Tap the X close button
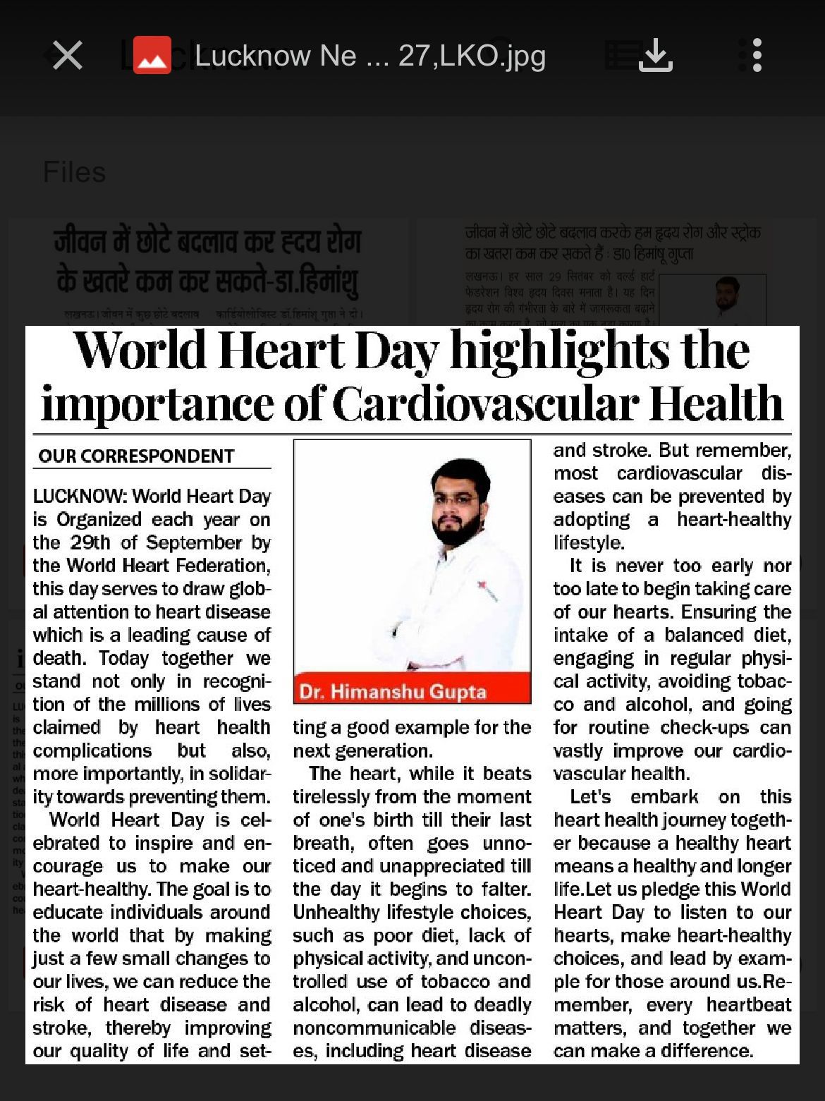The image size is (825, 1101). click(68, 55)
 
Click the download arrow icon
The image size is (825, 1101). click(655, 55)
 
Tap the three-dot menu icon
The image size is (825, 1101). click(757, 55)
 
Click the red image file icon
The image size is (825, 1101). click(152, 55)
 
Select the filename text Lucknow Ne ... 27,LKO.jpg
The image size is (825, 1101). click(369, 56)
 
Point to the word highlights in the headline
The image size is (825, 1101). click(561, 351)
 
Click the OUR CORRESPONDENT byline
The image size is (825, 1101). click(136, 456)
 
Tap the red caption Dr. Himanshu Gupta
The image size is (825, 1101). click(393, 691)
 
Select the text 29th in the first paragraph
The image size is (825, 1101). click(90, 542)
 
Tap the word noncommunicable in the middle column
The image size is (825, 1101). click(374, 1028)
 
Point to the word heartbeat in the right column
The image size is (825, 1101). click(749, 1004)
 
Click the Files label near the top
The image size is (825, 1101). click(74, 172)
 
